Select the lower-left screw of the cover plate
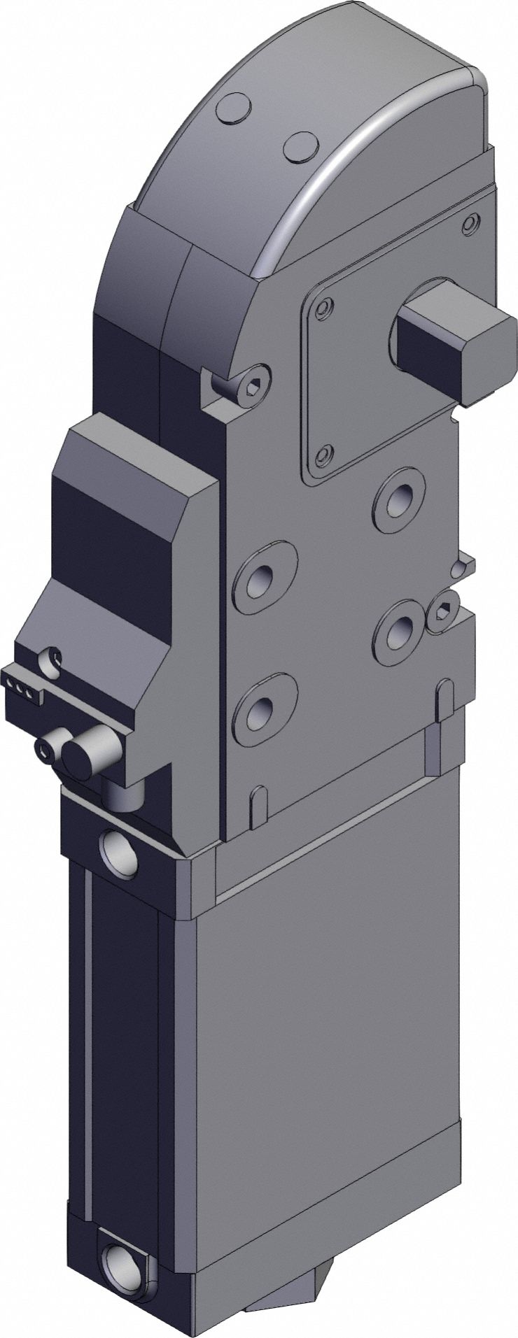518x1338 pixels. (x=323, y=455)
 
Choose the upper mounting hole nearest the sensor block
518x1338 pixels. (x=264, y=576)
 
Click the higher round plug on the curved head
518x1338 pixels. (x=234, y=111)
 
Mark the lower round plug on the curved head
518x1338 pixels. (x=300, y=148)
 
